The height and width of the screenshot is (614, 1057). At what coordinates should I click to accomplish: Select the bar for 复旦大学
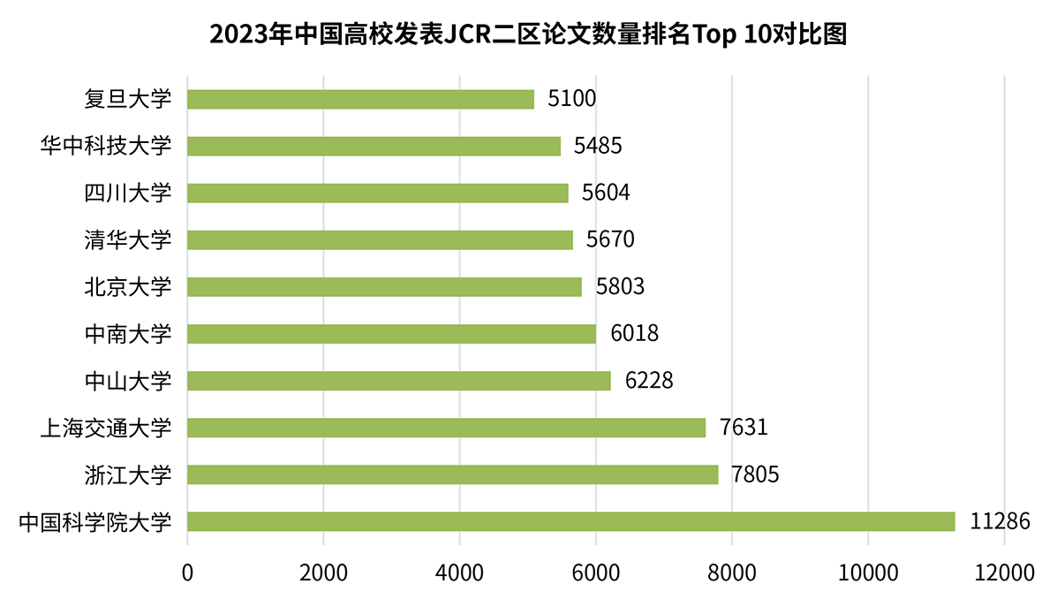[360, 99]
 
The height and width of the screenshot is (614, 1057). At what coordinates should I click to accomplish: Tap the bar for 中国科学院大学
[570, 521]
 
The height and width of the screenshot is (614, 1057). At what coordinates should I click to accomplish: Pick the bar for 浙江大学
[452, 474]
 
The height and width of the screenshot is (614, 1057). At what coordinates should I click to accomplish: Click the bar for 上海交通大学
[446, 428]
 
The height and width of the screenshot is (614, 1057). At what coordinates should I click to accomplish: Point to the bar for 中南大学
[391, 334]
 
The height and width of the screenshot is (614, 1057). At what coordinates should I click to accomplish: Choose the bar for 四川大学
[377, 193]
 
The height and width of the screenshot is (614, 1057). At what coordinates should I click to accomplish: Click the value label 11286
[1000, 521]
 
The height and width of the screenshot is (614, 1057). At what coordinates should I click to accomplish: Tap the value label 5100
[571, 99]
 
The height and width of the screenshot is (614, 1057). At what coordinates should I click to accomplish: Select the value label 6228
[649, 381]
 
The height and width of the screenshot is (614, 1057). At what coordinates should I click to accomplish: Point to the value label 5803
[620, 287]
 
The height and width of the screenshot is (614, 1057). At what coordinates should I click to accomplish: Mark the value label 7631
[744, 428]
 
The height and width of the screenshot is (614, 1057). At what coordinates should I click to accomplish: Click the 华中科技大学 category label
[105, 146]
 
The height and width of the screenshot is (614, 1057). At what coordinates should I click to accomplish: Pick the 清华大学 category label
[127, 239]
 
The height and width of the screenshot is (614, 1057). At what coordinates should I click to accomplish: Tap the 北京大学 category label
[127, 287]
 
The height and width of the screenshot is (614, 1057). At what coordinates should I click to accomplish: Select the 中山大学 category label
[127, 381]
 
